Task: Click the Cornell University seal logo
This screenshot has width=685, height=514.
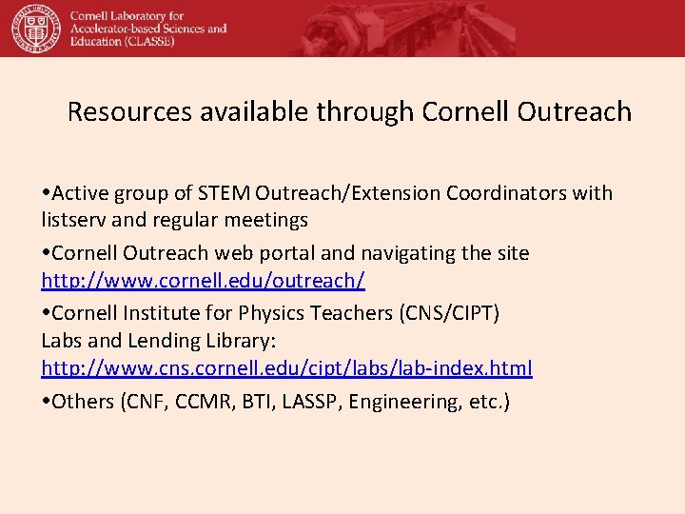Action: [34, 28]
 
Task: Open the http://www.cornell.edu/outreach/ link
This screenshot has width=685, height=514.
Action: [203, 281]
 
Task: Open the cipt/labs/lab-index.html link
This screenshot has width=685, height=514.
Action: [286, 367]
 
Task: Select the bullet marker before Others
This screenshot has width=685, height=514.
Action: [47, 402]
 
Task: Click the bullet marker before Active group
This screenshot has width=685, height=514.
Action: [47, 193]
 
